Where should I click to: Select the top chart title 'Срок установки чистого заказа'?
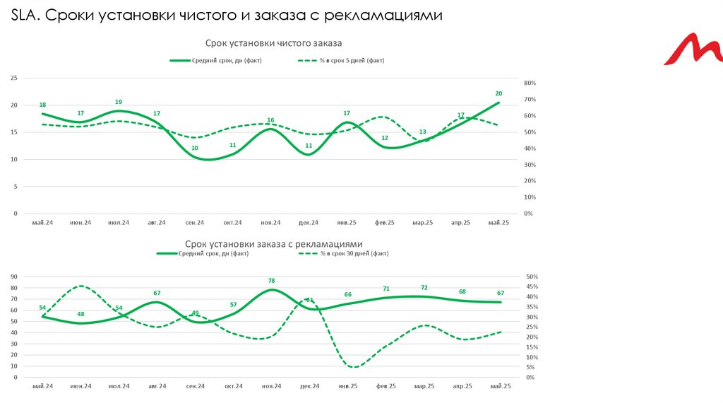click(x=273, y=45)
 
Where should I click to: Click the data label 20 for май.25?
click(x=498, y=93)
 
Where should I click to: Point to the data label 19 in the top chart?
click(x=119, y=102)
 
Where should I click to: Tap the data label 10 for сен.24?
click(x=195, y=148)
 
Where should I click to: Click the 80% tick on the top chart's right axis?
click(x=530, y=83)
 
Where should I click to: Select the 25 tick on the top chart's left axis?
click(x=13, y=78)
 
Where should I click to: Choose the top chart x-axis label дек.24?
click(x=309, y=223)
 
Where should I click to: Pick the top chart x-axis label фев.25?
click(x=385, y=223)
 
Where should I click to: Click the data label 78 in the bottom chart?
click(x=271, y=281)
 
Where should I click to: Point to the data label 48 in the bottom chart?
click(x=80, y=314)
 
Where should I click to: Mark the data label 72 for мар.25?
click(x=424, y=288)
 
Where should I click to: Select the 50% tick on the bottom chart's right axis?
click(x=532, y=277)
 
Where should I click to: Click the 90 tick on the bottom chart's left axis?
click(x=13, y=277)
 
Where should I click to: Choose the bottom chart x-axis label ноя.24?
click(x=272, y=386)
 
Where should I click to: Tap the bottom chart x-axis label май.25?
click(x=500, y=386)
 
